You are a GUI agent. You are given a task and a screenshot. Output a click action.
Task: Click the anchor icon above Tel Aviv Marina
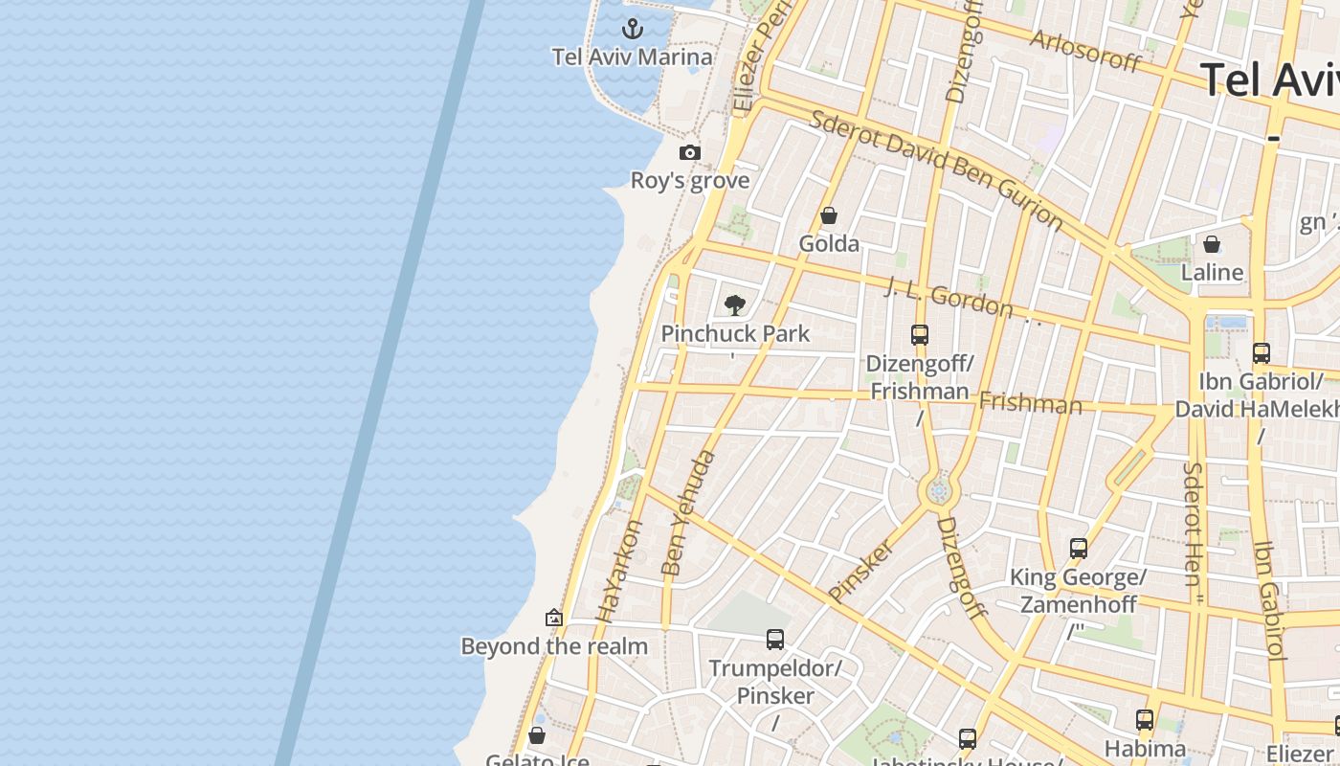point(633,28)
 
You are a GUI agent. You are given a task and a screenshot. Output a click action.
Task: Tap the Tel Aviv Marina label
point(633,57)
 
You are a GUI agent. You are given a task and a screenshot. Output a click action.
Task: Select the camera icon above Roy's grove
point(690,152)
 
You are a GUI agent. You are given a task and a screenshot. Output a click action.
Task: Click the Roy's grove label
point(690,181)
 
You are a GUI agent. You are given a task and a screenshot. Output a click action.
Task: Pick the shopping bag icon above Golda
point(829,215)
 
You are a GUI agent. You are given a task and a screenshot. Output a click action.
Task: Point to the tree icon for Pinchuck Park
point(735,305)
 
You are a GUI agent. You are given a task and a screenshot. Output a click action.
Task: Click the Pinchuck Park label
point(735,334)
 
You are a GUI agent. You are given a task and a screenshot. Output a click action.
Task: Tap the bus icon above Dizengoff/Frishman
point(920,335)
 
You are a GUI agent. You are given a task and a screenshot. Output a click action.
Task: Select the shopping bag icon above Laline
point(1212,244)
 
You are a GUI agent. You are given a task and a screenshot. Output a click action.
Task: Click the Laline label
point(1212,273)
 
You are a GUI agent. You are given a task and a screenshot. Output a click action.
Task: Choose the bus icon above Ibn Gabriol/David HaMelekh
point(1262,352)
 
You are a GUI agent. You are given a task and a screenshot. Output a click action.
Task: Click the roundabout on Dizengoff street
point(939,491)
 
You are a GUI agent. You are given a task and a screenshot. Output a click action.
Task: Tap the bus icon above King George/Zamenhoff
point(1079,549)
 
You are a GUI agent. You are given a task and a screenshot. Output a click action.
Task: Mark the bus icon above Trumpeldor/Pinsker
point(775,639)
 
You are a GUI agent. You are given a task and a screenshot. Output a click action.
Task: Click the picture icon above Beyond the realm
point(553,618)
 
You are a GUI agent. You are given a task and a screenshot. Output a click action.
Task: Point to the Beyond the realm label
point(554,646)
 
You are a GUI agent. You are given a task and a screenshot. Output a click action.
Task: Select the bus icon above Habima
point(1145,719)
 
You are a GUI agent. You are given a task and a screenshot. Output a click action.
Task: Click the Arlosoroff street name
point(1085,51)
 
